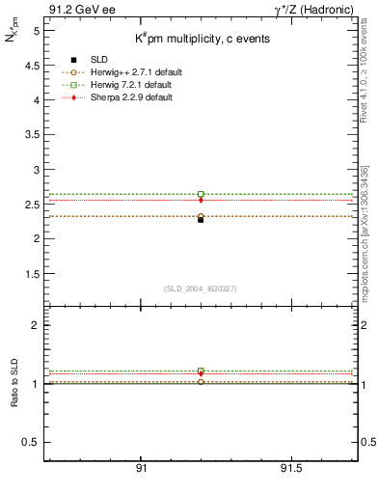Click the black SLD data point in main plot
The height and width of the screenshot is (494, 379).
coord(201,220)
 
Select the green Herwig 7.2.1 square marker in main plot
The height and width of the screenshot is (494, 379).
coord(201,194)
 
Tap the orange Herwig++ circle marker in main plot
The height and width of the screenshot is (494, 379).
coord(201,216)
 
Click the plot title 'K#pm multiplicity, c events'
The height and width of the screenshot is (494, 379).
coord(202,39)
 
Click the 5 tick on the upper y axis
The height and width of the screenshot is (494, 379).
coord(34,31)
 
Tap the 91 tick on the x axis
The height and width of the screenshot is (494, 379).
coord(141,468)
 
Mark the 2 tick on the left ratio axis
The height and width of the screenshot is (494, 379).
coord(34,325)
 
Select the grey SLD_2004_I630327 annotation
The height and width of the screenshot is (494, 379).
coord(201,288)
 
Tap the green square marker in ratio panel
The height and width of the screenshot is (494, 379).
coord(201,371)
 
